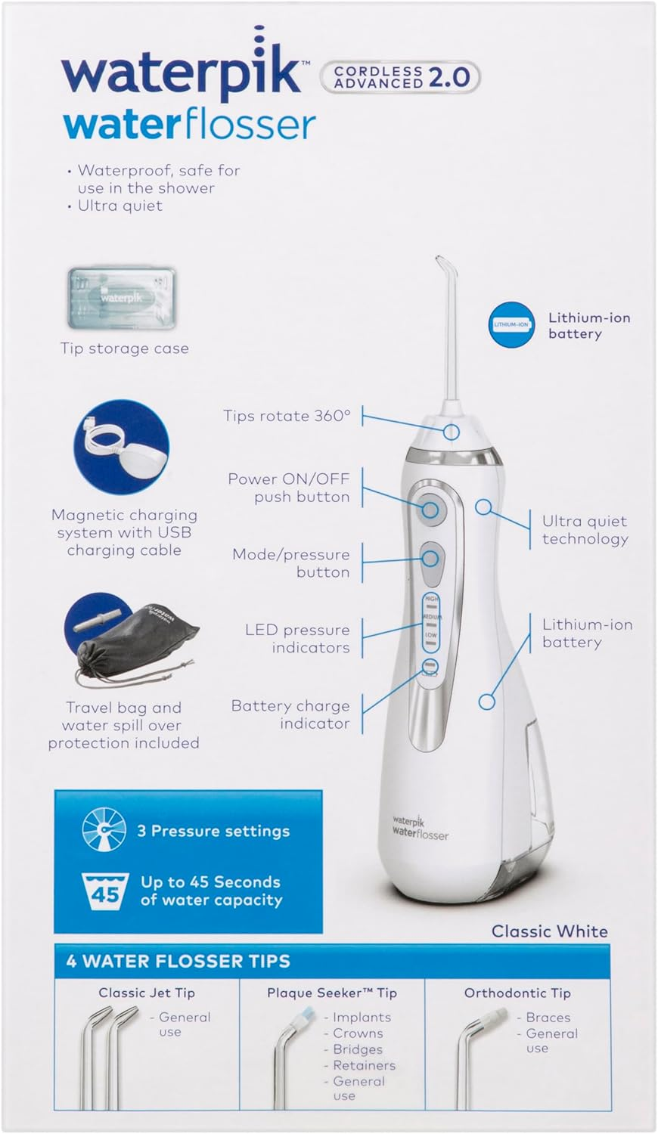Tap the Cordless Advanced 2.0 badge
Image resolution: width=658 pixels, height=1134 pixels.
[401, 76]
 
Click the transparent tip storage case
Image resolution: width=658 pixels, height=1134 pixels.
[123, 297]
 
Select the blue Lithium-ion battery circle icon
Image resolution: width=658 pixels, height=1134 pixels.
[511, 324]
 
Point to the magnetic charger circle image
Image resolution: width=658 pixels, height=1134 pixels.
[121, 447]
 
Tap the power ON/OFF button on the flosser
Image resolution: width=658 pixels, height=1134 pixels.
[430, 510]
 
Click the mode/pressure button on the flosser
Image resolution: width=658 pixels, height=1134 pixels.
[430, 559]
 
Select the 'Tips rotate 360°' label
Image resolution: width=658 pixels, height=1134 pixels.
[287, 416]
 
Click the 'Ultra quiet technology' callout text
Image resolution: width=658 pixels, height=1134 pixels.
[585, 529]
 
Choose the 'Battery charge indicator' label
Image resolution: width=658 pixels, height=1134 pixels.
[290, 714]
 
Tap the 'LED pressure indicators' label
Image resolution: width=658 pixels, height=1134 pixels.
[297, 638]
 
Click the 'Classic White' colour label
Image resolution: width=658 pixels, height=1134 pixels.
[549, 931]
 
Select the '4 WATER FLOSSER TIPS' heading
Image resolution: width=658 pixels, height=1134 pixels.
[178, 961]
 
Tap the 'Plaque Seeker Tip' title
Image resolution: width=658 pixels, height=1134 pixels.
[331, 993]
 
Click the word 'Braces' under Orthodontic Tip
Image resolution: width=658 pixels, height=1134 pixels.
[548, 1018]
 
